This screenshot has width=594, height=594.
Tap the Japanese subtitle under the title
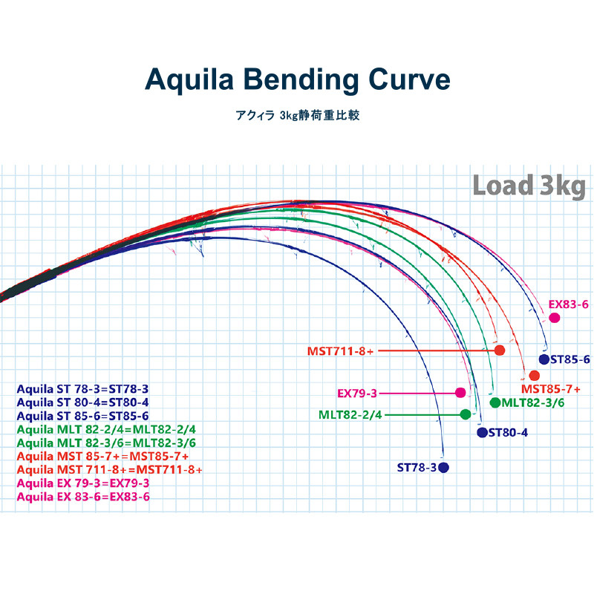(297, 117)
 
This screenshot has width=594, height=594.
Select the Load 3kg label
(529, 185)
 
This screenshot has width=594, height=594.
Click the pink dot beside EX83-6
(554, 318)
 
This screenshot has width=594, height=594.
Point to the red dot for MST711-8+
(500, 350)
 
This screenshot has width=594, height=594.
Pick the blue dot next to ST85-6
(544, 360)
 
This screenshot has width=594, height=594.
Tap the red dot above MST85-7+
(534, 375)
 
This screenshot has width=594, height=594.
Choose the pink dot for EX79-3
(460, 393)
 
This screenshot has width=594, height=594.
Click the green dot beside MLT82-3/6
(495, 402)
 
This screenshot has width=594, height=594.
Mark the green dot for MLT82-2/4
(466, 414)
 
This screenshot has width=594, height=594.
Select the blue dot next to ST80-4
(481, 432)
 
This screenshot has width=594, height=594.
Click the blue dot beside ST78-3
(444, 467)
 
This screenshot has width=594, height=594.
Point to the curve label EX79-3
(357, 393)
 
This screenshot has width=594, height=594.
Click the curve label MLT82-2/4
(350, 414)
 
